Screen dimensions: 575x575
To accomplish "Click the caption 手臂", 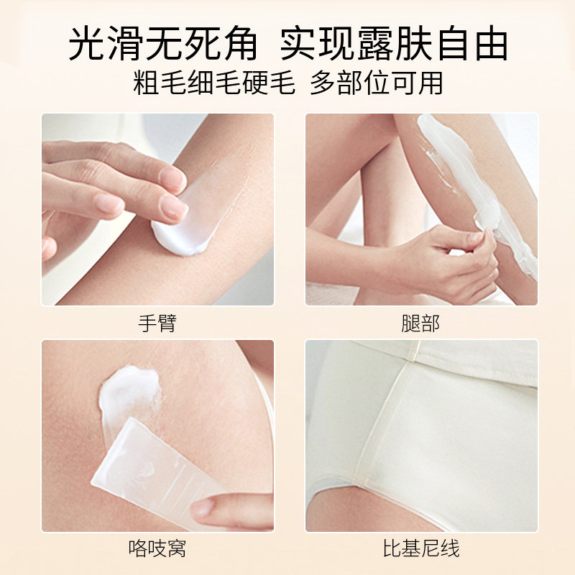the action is click(157, 323).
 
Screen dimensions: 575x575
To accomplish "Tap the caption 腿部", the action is click(420, 323).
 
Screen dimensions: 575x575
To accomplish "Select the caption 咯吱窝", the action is click(157, 549).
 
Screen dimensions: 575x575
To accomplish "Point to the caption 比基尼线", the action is click(421, 549).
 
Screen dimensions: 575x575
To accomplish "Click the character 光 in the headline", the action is click(86, 43).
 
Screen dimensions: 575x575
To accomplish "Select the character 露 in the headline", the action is click(375, 43).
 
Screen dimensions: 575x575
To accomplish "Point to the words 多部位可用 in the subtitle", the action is click(376, 83).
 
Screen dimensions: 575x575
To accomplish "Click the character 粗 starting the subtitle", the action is click(147, 83).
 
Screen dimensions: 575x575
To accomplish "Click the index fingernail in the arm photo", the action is click(173, 208).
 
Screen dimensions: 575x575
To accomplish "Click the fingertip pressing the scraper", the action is click(204, 508).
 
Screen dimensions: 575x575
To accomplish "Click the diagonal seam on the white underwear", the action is click(382, 422).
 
